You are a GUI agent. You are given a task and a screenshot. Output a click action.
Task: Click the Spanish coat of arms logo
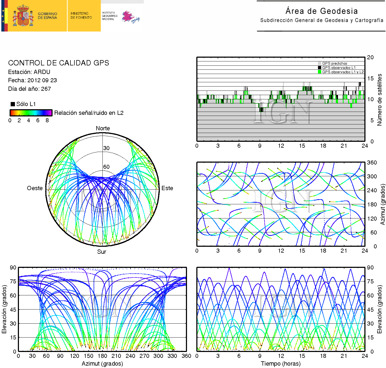[23, 16]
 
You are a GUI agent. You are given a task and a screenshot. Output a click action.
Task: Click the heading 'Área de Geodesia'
[321, 11]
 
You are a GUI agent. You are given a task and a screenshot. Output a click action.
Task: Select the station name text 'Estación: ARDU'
[29, 72]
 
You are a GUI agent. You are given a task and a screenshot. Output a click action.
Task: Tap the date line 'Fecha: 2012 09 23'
[32, 80]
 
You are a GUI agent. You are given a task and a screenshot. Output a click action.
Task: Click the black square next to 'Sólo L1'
[13, 104]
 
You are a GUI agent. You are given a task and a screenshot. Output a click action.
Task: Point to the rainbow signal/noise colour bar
[31, 113]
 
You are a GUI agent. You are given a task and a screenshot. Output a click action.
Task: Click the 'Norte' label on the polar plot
[103, 128]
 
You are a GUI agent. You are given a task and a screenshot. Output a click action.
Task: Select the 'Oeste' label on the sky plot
[35, 188]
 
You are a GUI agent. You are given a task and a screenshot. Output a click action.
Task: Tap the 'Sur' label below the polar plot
[102, 252]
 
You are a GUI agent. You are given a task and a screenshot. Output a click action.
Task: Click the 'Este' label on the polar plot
[167, 188]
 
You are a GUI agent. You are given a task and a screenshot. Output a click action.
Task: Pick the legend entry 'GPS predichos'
[335, 63]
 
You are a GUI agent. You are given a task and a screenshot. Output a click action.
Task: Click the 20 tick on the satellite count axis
[370, 57]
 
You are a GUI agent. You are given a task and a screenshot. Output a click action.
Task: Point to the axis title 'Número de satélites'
[379, 100]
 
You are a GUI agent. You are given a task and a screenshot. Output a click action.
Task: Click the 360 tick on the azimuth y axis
[372, 162]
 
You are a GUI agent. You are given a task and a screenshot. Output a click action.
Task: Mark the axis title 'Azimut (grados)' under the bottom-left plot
[102, 363]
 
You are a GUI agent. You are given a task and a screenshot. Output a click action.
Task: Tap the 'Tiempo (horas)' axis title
[281, 363]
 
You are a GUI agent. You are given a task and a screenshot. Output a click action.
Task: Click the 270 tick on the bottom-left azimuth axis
[144, 356]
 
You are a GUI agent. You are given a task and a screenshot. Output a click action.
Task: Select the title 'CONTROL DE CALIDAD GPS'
[58, 63]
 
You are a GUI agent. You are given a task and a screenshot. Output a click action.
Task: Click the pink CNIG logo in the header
[130, 17]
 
